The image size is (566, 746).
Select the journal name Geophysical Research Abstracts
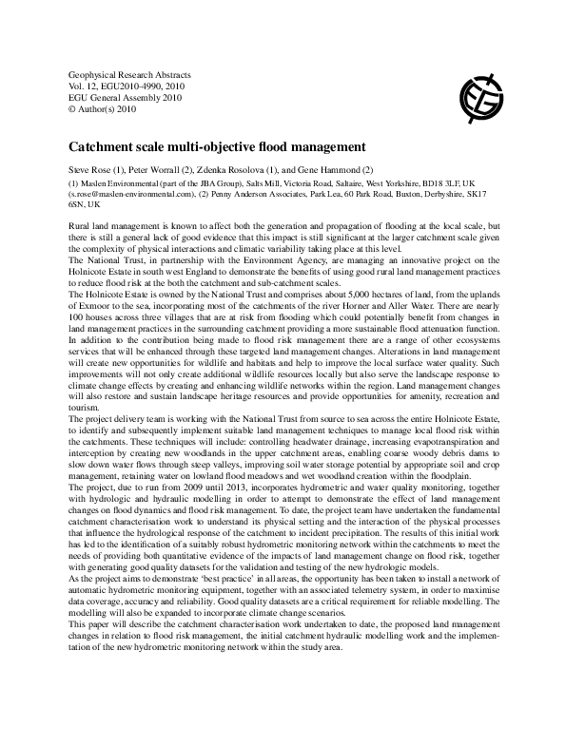(124, 74)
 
